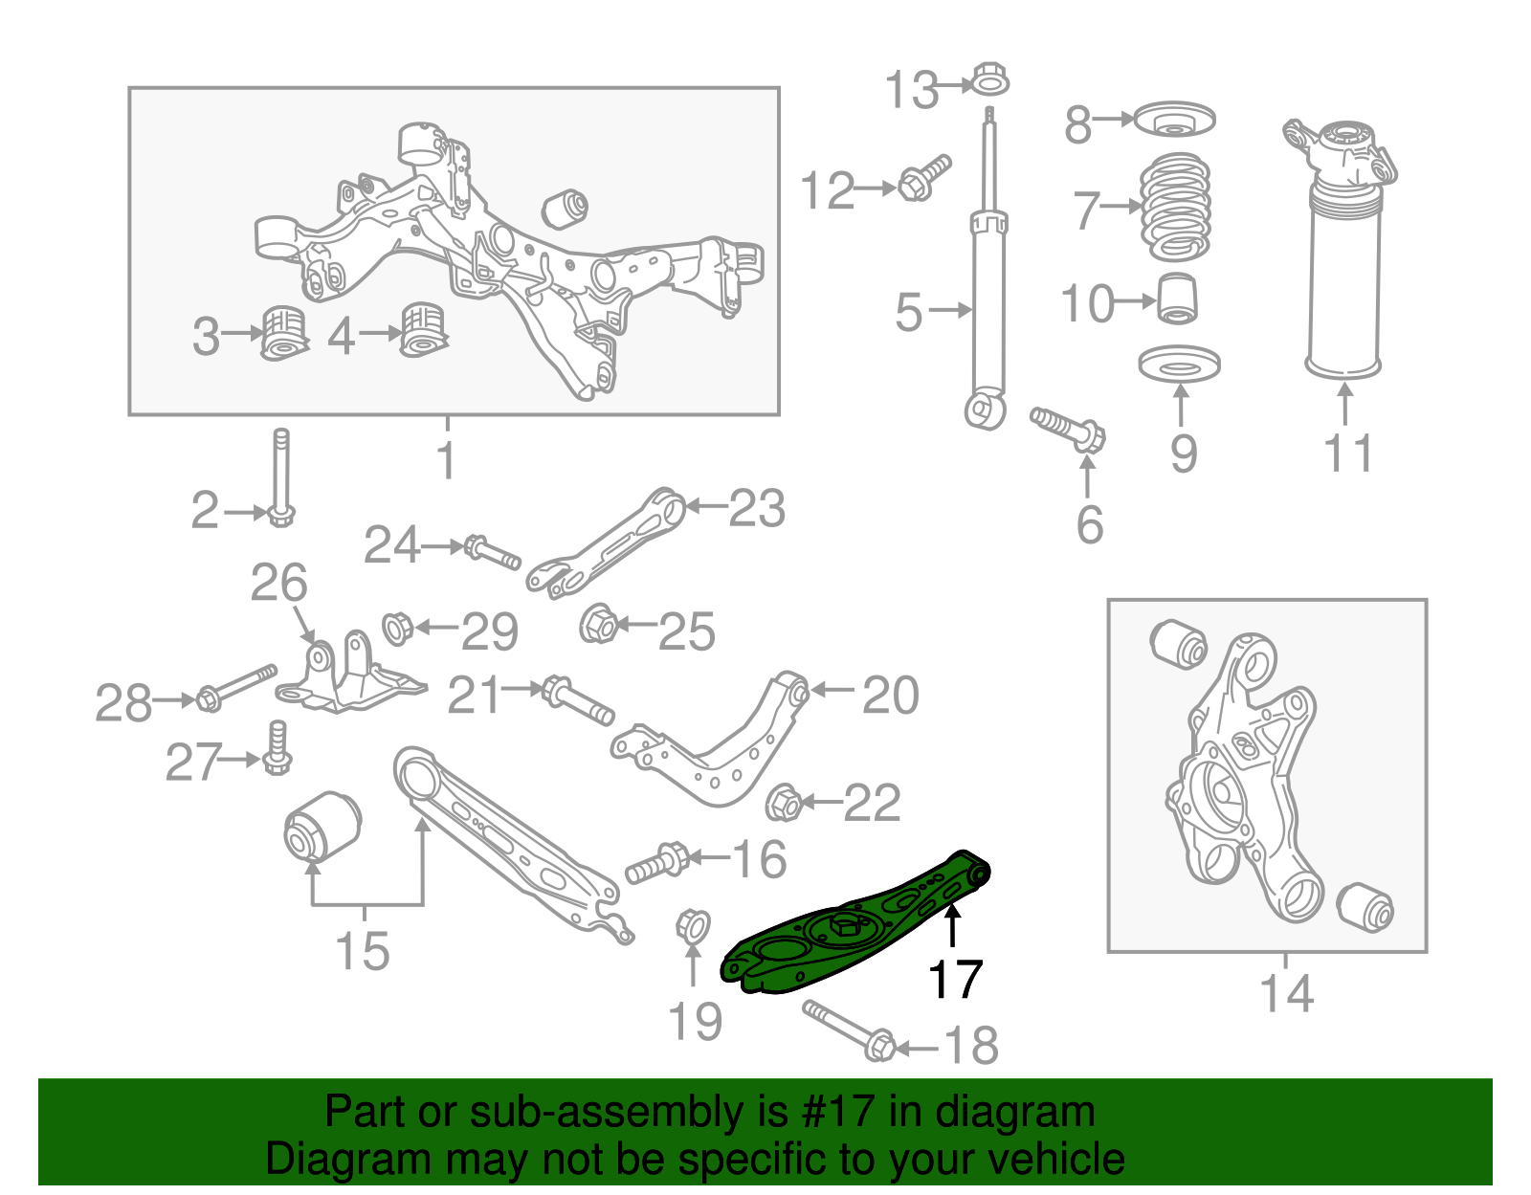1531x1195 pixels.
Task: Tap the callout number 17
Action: (x=955, y=979)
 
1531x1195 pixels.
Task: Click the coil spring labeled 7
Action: (x=1175, y=208)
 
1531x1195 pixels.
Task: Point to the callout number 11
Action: (x=1348, y=453)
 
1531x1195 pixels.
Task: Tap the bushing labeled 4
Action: (x=423, y=330)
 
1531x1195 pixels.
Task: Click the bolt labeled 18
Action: (x=847, y=1029)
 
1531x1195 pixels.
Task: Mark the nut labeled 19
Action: (x=692, y=926)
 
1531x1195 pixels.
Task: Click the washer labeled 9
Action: (x=1179, y=365)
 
